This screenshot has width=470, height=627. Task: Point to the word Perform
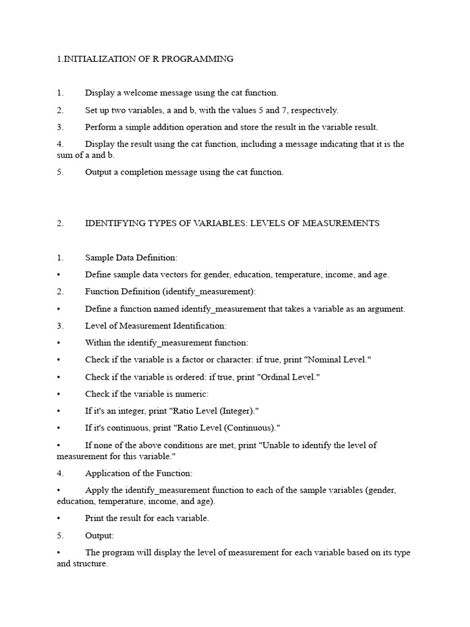click(x=100, y=127)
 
